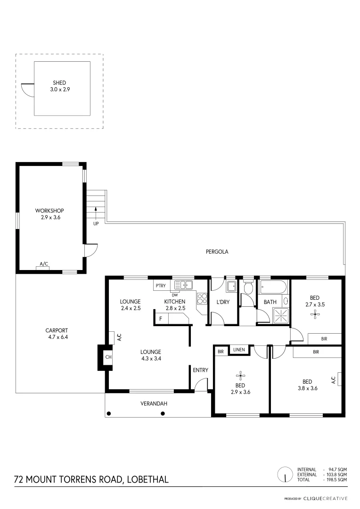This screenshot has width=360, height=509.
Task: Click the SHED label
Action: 59,83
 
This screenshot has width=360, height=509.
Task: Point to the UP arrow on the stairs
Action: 96,212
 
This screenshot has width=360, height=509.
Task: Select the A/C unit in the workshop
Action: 44,268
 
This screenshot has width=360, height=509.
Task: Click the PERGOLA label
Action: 217,252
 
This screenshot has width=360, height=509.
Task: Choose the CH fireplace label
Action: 108,357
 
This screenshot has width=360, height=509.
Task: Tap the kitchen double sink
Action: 184,285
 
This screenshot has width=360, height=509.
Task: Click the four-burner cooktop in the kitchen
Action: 202,297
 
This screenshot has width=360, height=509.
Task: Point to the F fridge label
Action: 161,319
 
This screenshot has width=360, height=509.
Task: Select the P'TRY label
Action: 159,286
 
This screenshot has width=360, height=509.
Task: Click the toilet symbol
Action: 248,288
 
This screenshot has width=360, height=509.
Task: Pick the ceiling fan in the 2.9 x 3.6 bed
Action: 240,376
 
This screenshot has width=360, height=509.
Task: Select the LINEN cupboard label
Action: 239,350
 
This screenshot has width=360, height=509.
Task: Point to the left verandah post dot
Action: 109,414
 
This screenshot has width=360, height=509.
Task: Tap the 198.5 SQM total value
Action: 338,479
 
